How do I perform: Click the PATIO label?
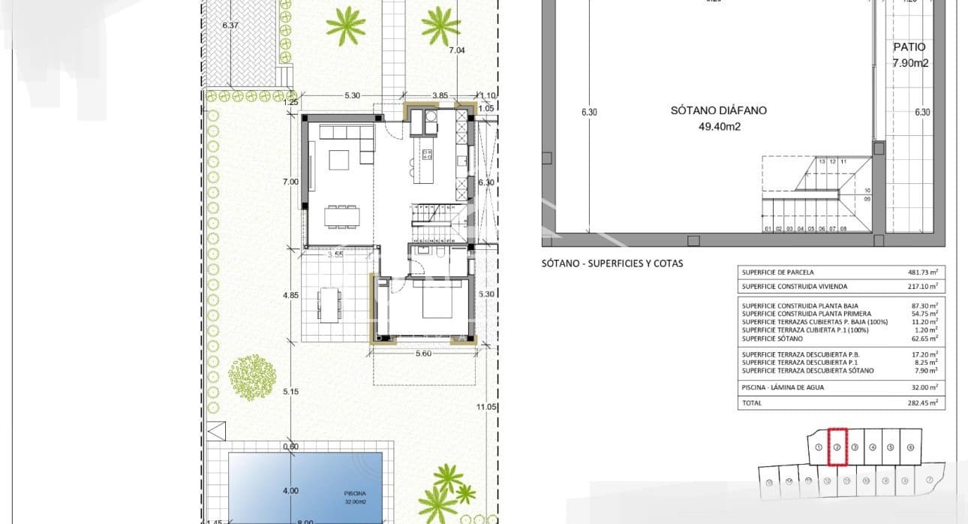tap(909, 47)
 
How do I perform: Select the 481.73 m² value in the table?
tap(924, 273)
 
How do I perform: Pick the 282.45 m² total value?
tap(924, 403)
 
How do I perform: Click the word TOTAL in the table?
tap(751, 403)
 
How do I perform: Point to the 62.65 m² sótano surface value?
tap(926, 339)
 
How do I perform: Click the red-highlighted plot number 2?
tap(837, 447)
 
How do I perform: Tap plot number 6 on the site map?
tap(909, 447)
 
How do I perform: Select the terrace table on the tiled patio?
tap(327, 303)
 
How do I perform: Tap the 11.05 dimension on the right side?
tap(487, 406)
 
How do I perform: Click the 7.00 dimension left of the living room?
tap(291, 182)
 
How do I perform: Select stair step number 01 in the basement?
tap(768, 228)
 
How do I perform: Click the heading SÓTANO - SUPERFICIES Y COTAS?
tap(612, 264)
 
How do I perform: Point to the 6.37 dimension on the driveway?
tap(230, 26)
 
